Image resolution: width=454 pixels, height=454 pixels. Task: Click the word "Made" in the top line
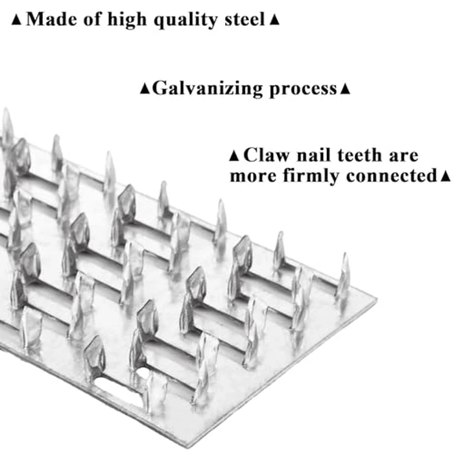52,19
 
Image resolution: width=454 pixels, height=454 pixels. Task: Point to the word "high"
127,20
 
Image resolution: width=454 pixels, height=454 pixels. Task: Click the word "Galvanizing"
208,89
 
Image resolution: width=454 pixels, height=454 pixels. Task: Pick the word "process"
304,90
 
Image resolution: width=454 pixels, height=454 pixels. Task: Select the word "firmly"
311,176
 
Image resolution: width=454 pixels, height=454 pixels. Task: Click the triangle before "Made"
16,20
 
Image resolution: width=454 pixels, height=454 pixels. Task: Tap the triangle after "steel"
274,20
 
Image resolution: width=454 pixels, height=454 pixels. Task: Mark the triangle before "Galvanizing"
145,90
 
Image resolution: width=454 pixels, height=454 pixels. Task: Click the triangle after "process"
345,90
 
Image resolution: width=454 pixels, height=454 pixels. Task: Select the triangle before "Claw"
234,156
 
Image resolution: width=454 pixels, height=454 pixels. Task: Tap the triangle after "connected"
445,176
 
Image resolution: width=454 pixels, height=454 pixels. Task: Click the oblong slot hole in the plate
116,390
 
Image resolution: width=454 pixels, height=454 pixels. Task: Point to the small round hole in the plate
143,373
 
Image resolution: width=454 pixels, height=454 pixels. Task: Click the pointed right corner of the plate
376,299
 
